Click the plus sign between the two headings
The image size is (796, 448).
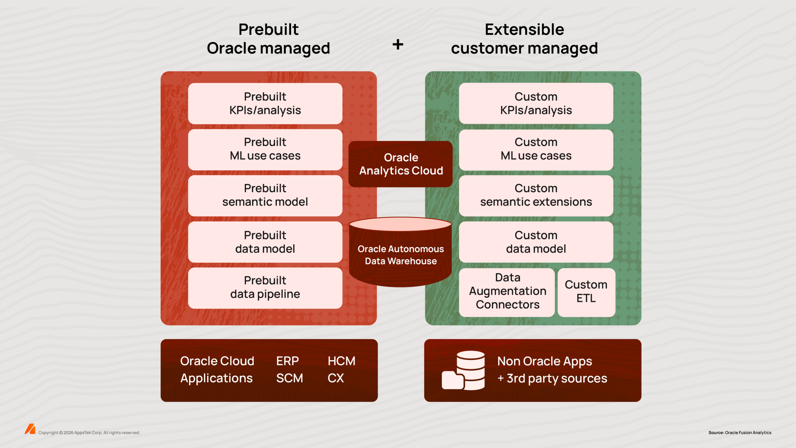[x=398, y=44]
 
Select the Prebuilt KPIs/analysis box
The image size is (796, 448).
[x=265, y=103]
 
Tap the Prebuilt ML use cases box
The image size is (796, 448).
[x=265, y=149]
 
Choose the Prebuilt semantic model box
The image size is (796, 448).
[x=265, y=195]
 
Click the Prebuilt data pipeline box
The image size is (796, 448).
[x=265, y=287]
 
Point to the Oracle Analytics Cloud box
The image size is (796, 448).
[x=400, y=164]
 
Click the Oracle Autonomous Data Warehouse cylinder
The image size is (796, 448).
[x=400, y=254]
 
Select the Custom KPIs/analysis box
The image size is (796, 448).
[x=536, y=103]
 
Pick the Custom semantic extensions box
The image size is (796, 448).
[x=536, y=195]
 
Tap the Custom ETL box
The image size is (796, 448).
[x=586, y=292]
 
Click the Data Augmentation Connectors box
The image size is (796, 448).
[x=507, y=292]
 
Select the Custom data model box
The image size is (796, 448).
[x=536, y=242]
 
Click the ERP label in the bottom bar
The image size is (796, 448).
[x=287, y=361]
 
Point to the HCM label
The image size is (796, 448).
[x=341, y=361]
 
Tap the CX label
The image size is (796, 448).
[x=336, y=378]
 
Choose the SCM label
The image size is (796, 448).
[x=289, y=378]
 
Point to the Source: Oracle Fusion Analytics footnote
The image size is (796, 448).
[x=740, y=432]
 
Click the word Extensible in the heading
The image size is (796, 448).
[x=524, y=30]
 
